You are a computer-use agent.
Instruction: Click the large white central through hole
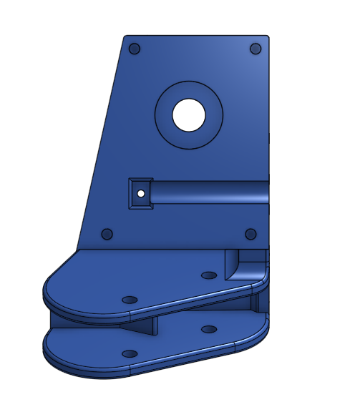189,115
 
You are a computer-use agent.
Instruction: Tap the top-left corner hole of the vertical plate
134,49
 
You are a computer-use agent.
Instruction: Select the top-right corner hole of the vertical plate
256,49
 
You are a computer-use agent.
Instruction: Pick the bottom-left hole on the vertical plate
107,234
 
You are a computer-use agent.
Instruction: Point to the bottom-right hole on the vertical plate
250,234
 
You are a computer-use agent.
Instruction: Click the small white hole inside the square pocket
141,193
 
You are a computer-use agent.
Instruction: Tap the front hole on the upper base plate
130,299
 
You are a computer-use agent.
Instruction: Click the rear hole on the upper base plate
209,275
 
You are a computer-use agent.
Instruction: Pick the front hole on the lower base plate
130,354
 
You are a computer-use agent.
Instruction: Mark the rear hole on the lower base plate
209,329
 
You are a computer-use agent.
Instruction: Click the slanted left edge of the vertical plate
100,143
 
